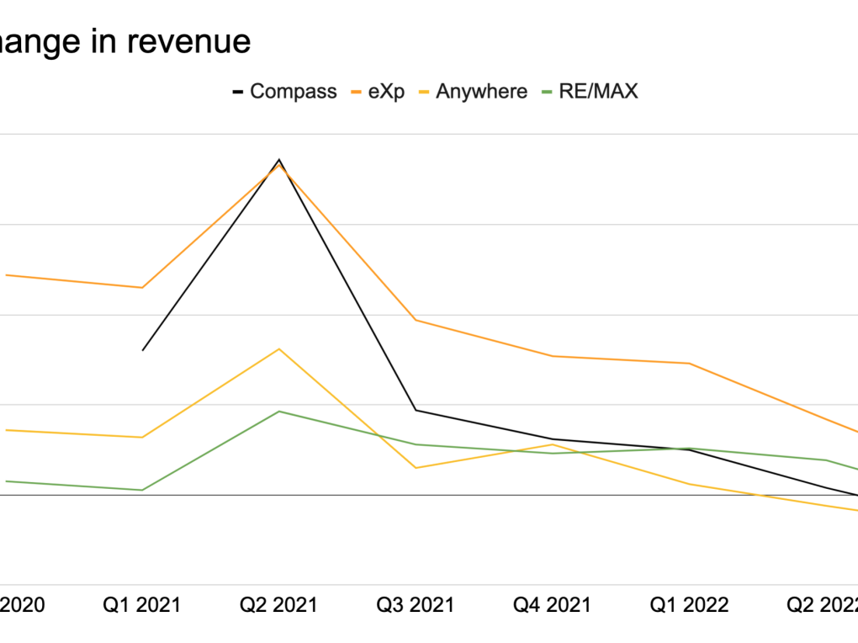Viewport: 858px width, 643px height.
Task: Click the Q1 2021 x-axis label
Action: pyautogui.click(x=141, y=604)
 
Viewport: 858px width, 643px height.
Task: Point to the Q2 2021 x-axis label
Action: pyautogui.click(x=278, y=604)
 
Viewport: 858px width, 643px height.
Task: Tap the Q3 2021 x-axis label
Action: pyautogui.click(x=415, y=604)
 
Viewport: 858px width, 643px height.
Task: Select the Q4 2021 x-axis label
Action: pyautogui.click(x=552, y=604)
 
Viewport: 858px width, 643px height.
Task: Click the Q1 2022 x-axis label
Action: pyautogui.click(x=689, y=604)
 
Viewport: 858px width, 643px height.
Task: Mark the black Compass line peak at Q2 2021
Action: pyautogui.click(x=278, y=159)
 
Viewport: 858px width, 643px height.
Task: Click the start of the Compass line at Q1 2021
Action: pyautogui.click(x=142, y=350)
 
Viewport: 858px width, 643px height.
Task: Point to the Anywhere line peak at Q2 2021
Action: pyautogui.click(x=278, y=348)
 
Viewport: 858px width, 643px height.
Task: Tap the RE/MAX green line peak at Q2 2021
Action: pyautogui.click(x=278, y=411)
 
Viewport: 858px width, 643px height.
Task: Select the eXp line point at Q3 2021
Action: pyautogui.click(x=415, y=320)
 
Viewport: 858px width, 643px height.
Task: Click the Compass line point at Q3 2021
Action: pyautogui.click(x=415, y=410)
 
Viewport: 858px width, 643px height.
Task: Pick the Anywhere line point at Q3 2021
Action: pyautogui.click(x=415, y=468)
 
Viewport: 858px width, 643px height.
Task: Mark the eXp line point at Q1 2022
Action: pyautogui.click(x=690, y=364)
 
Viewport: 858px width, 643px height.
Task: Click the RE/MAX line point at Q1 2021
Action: pyautogui.click(x=142, y=490)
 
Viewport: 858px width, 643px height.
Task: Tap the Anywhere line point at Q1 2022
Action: pyautogui.click(x=690, y=484)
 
